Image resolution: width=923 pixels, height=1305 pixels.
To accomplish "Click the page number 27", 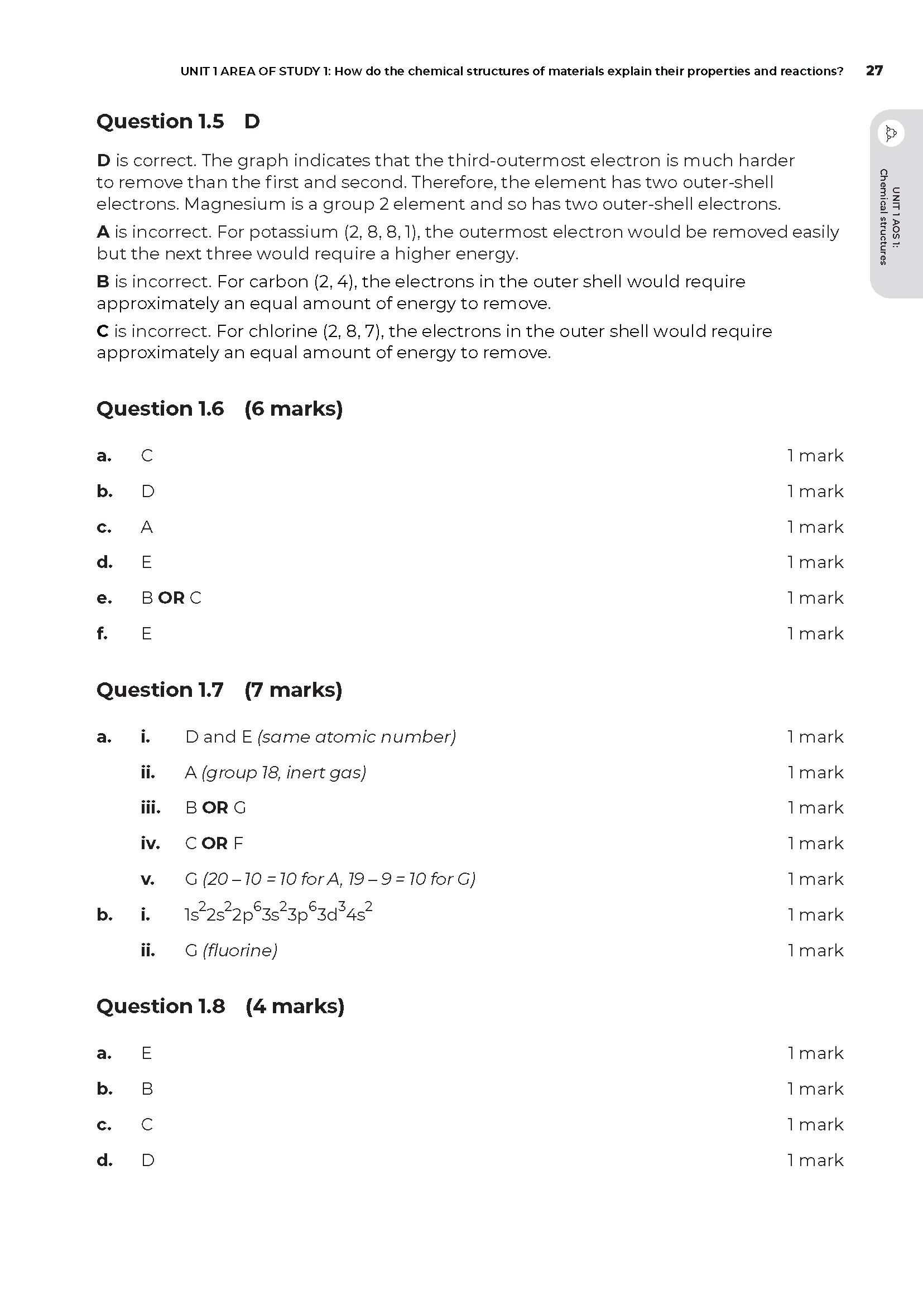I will (874, 70).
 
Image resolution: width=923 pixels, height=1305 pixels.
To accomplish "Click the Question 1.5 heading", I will (160, 121).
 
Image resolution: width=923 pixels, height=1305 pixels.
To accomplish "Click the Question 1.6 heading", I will (160, 408).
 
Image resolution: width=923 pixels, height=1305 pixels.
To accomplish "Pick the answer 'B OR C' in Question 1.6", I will (171, 598).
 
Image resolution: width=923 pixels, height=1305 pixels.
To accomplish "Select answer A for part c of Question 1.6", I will (147, 527).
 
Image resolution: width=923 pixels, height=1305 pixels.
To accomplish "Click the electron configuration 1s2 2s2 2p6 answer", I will (278, 914).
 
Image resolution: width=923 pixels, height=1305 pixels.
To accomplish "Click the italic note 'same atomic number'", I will (357, 736).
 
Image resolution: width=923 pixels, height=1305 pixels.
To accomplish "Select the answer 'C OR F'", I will (214, 843).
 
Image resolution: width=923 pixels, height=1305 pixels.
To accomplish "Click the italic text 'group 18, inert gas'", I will (283, 772).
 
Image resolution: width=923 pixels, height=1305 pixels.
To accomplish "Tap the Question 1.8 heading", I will (161, 1006).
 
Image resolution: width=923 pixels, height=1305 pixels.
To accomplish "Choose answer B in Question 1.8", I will (147, 1089).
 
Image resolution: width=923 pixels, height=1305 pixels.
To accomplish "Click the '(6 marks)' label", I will (294, 408).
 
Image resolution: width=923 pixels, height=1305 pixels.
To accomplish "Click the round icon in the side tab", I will (891, 133).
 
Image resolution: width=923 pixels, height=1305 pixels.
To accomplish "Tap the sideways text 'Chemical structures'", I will (883, 216).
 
